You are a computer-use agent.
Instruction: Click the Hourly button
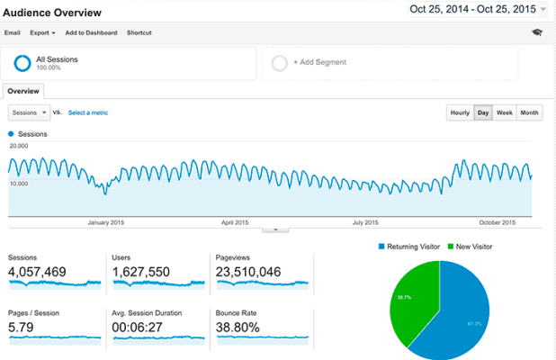click(x=460, y=112)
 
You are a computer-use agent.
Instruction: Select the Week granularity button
click(x=505, y=112)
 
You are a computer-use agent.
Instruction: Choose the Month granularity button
click(x=529, y=112)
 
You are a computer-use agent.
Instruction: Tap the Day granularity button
click(x=483, y=112)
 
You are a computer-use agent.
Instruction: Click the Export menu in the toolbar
click(x=41, y=32)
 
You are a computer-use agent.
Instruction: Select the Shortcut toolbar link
click(x=139, y=32)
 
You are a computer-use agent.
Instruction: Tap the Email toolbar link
click(x=12, y=32)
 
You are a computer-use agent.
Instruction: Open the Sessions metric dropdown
click(x=29, y=112)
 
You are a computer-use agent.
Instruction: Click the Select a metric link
click(x=89, y=112)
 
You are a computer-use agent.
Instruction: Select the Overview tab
click(x=23, y=91)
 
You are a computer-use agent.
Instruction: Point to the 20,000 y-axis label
click(x=19, y=145)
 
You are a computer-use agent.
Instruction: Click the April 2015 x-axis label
click(x=235, y=222)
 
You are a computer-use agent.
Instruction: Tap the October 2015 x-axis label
click(x=496, y=222)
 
